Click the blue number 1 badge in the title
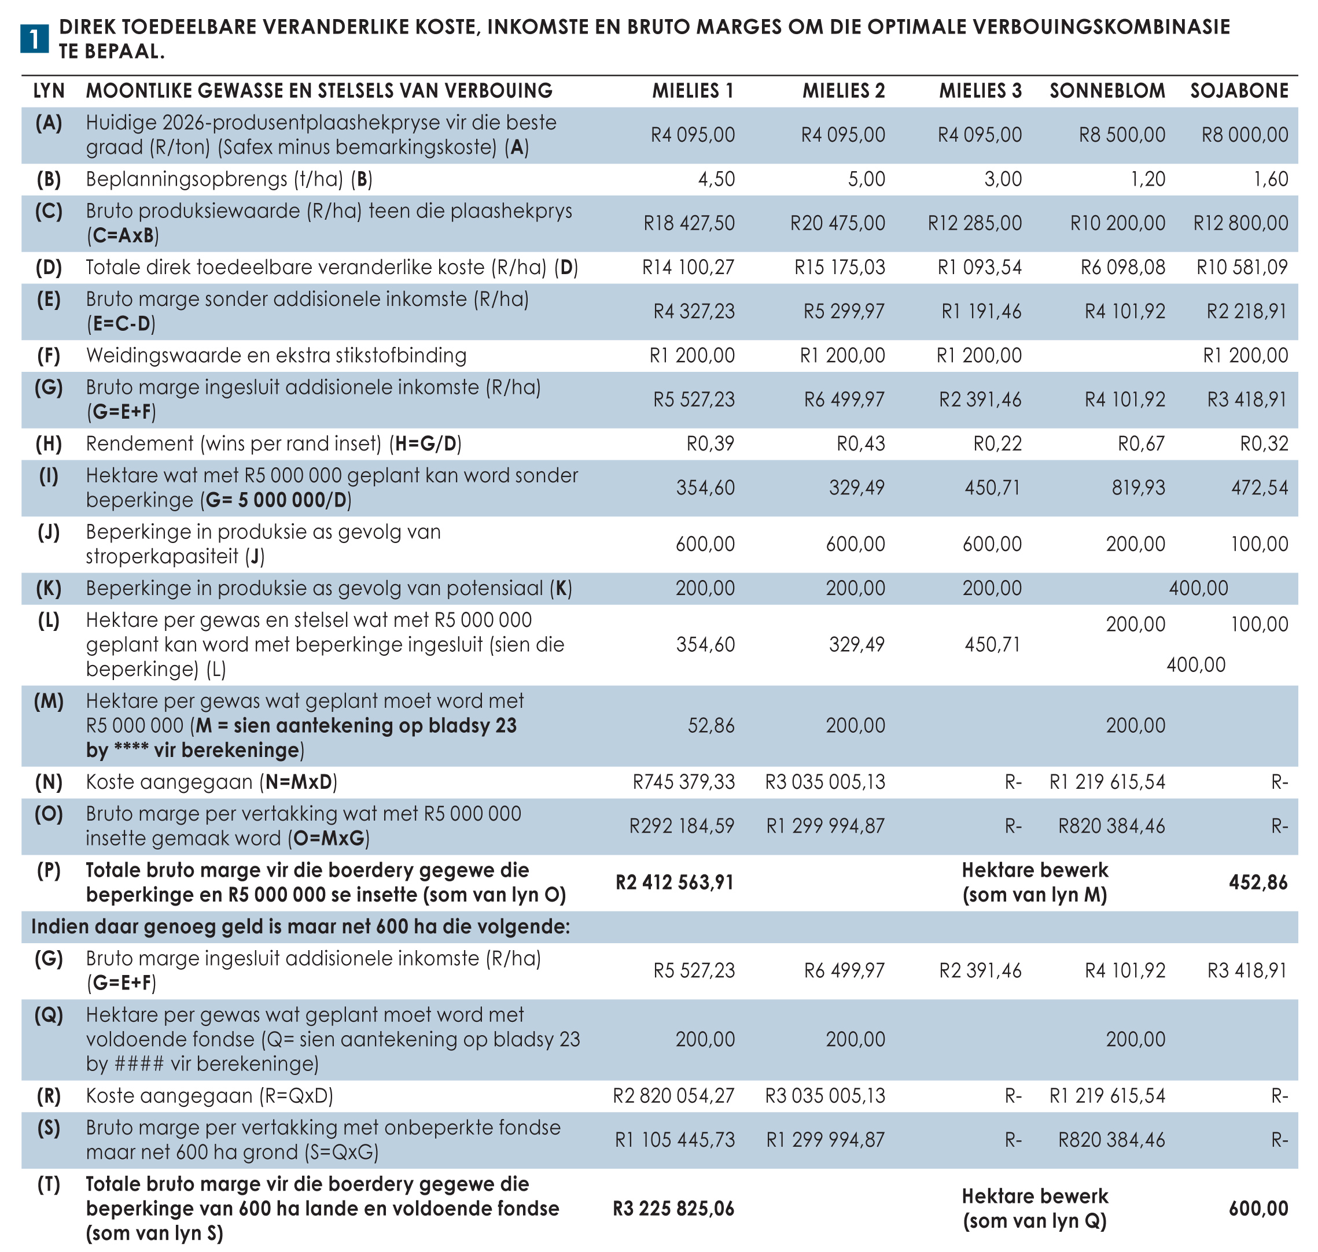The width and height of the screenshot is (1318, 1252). tap(34, 39)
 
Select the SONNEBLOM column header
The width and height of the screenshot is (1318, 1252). tap(1107, 91)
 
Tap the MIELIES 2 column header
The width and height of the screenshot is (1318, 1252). tap(844, 91)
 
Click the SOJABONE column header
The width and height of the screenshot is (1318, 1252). tap(1239, 91)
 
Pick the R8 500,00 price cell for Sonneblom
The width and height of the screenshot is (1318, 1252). tap(1122, 135)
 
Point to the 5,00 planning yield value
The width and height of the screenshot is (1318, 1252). tap(866, 179)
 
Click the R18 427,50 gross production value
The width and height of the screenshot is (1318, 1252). tap(689, 223)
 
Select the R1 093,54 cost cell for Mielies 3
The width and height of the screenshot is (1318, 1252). tap(980, 268)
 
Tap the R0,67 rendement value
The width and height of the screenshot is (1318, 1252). tap(1141, 444)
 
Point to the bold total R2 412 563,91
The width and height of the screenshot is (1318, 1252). tap(675, 882)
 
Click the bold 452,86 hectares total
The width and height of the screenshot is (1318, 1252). tap(1258, 882)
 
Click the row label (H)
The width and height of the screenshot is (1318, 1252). tap(49, 444)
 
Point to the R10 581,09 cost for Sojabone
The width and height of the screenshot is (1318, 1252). tap(1242, 268)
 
